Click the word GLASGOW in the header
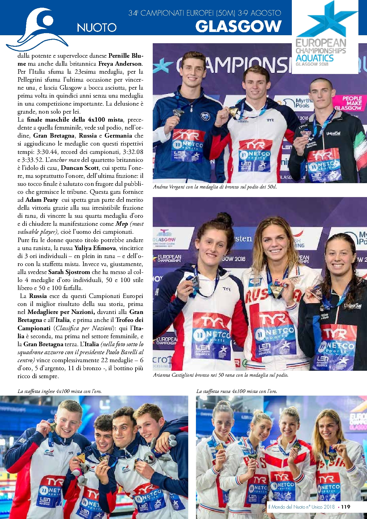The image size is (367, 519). click(238, 26)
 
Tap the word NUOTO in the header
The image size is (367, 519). click(96, 28)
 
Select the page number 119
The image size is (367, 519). click(345, 507)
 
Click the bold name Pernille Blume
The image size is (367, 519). click(125, 56)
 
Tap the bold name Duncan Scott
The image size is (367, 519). click(80, 168)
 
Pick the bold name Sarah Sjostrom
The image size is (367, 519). click(69, 272)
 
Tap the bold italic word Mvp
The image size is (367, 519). click(121, 224)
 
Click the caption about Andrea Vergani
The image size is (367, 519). click(215, 187)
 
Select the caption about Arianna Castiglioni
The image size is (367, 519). click(220, 375)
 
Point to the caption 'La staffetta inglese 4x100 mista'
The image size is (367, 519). click(59, 391)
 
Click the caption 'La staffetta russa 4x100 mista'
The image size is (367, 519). click(237, 391)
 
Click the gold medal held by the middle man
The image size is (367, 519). click(233, 112)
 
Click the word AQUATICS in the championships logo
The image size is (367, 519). click(315, 58)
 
